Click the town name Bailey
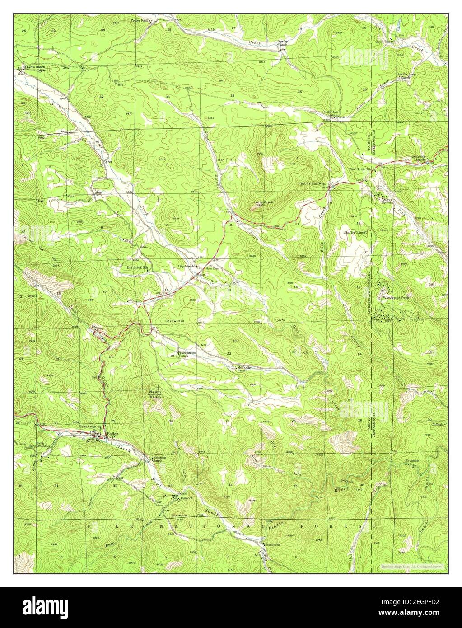tap(112, 434)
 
